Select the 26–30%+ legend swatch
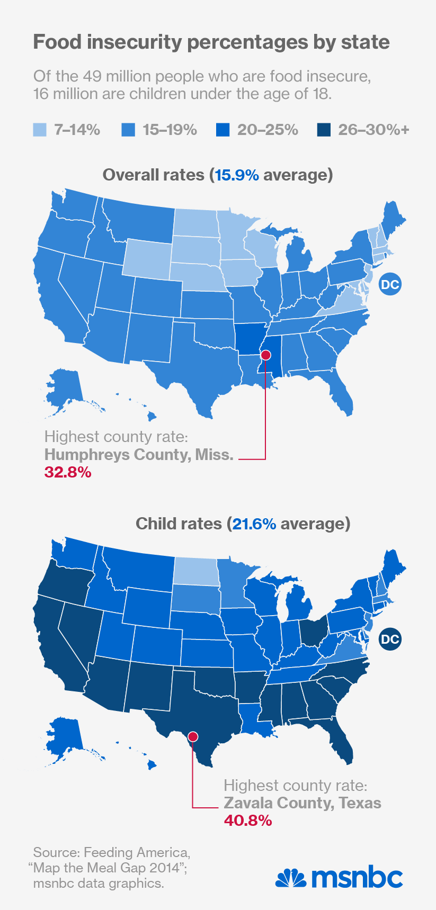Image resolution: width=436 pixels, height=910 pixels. (x=323, y=130)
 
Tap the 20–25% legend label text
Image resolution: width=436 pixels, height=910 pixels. (x=268, y=130)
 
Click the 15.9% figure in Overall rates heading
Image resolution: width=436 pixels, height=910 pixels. (x=237, y=175)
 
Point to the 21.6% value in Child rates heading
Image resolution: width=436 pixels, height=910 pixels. (x=254, y=524)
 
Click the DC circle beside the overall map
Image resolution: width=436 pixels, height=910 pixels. (x=390, y=285)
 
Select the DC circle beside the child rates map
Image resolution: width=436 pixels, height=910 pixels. (x=390, y=639)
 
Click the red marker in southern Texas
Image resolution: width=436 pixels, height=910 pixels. (x=193, y=736)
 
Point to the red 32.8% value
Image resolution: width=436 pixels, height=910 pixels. (x=68, y=472)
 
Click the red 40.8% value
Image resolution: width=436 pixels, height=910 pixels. (x=248, y=821)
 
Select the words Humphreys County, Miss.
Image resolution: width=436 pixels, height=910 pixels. (x=139, y=455)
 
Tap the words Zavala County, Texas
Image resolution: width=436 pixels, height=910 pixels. (x=302, y=803)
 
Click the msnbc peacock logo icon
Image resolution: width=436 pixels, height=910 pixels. (x=291, y=878)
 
